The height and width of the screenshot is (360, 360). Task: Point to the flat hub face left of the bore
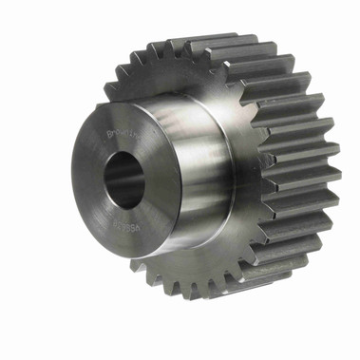pos(88,180)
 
